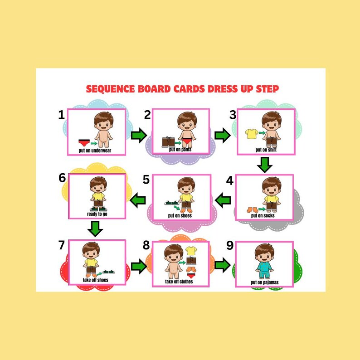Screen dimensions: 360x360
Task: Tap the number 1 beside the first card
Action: [x=62, y=115]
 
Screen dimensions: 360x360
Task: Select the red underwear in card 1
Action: [x=83, y=142]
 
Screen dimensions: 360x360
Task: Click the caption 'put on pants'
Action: [x=180, y=149]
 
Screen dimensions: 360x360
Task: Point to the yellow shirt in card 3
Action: [x=250, y=133]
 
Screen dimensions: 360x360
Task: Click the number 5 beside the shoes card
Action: [x=146, y=180]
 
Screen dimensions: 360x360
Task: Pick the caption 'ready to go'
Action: [x=97, y=214]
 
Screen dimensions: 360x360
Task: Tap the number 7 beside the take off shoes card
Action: [x=62, y=245]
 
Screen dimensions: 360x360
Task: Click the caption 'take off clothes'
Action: [x=179, y=282]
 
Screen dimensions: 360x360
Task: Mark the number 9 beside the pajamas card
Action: [x=230, y=245]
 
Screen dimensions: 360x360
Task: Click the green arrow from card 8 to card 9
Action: [x=222, y=265]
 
